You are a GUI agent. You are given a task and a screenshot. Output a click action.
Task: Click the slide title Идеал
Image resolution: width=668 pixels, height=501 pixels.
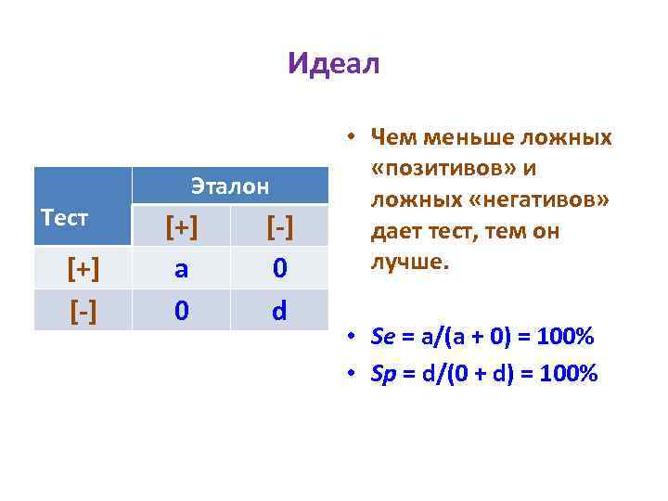tap(333, 64)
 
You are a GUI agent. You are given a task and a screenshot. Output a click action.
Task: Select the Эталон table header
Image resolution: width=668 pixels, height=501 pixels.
tap(230, 186)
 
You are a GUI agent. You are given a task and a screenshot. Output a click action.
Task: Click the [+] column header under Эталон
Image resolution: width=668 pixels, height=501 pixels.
tap(181, 226)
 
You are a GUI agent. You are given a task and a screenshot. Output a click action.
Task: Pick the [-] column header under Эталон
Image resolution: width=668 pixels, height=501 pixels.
tap(279, 226)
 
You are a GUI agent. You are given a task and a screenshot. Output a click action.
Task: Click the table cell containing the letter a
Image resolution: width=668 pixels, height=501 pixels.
tap(181, 268)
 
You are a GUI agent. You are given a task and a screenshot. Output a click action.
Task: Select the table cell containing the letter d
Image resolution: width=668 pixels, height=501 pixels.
tap(279, 310)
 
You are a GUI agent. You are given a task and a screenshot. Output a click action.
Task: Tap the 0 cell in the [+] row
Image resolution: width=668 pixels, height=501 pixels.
tap(279, 268)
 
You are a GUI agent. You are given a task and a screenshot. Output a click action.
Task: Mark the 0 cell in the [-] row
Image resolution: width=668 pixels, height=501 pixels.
tap(181, 310)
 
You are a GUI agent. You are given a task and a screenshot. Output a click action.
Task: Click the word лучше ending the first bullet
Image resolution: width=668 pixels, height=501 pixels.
tap(408, 262)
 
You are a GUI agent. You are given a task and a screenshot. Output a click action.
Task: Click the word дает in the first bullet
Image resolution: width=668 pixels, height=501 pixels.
tap(394, 231)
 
